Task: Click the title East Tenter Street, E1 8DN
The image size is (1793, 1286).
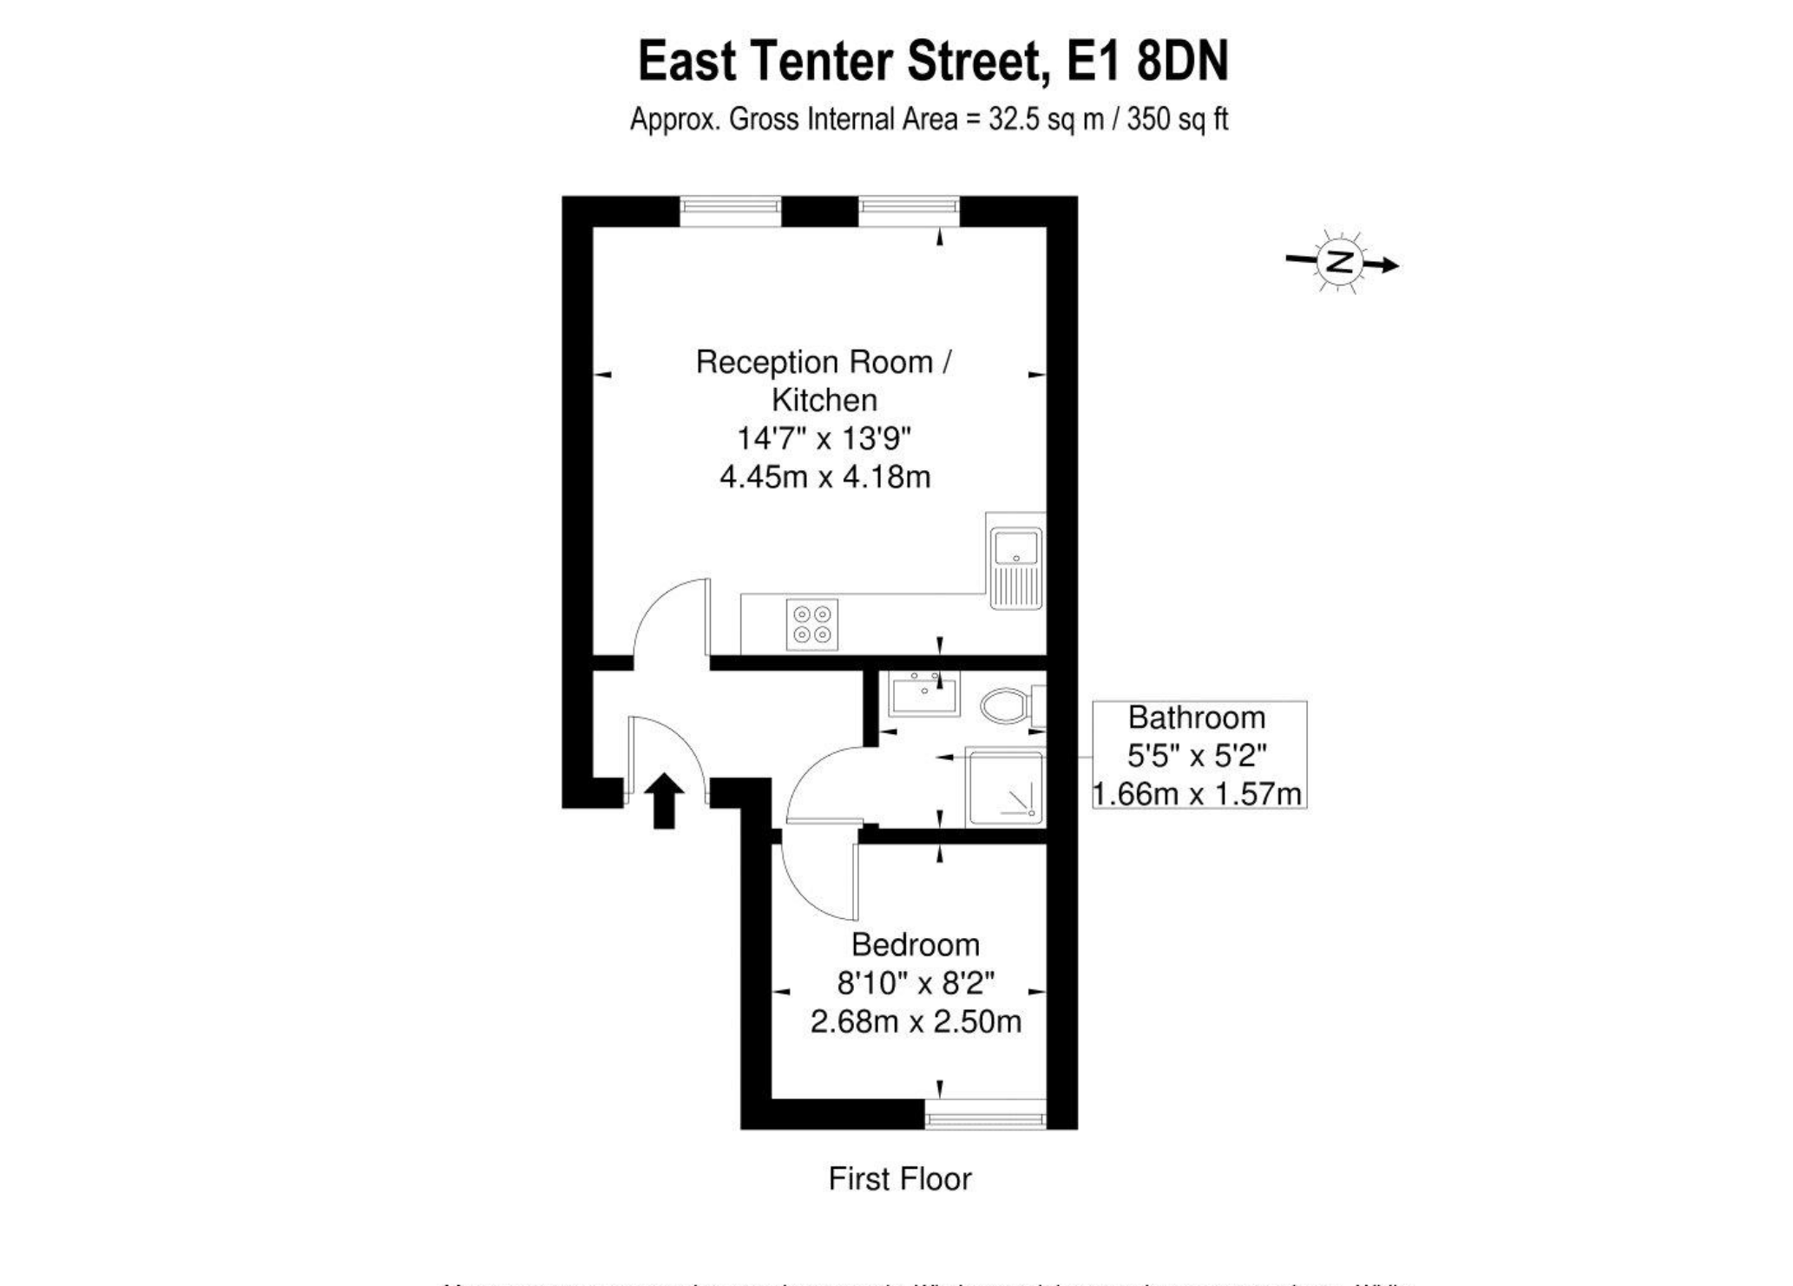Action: click(x=933, y=62)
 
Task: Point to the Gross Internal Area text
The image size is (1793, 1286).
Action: click(x=929, y=119)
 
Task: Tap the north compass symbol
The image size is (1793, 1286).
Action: click(x=1341, y=262)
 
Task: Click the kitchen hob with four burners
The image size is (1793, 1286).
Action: click(x=812, y=624)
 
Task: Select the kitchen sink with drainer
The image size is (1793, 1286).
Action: click(x=1016, y=561)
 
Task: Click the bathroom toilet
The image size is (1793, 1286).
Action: click(x=1007, y=706)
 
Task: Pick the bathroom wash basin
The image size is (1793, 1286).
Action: click(x=924, y=695)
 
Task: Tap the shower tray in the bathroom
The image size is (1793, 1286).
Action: click(x=1007, y=789)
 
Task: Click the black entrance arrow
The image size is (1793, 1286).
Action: click(x=664, y=800)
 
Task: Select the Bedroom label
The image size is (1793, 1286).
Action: click(x=915, y=944)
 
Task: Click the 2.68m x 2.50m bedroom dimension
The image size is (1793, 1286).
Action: click(x=915, y=1021)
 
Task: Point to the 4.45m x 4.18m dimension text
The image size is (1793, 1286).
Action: click(x=824, y=476)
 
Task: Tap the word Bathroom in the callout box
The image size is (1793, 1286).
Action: click(x=1196, y=718)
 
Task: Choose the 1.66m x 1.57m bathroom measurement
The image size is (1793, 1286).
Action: click(x=1196, y=794)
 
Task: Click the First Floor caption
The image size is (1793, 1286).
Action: click(x=900, y=1178)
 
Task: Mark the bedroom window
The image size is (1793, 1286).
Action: click(x=986, y=1115)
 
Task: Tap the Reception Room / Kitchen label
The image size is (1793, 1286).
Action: click(x=824, y=380)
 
